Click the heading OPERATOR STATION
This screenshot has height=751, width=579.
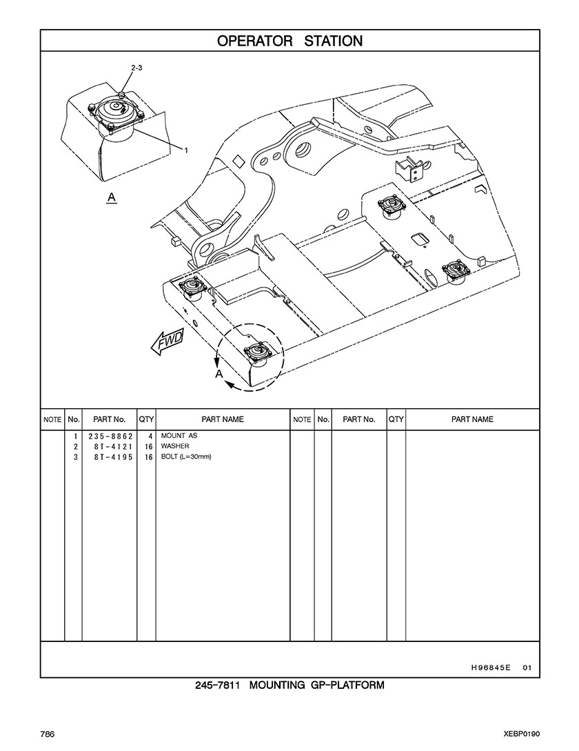[289, 41]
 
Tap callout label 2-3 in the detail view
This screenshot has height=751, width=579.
[136, 68]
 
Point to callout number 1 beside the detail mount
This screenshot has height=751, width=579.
[186, 150]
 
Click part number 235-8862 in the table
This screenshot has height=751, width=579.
[110, 437]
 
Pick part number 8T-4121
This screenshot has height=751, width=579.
[114, 447]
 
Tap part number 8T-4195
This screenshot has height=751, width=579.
[114, 457]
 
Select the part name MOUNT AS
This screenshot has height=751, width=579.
[179, 436]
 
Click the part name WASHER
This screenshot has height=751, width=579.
[175, 446]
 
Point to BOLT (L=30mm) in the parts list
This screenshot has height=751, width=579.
[186, 457]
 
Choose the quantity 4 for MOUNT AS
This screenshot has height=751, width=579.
[150, 437]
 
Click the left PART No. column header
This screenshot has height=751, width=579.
[109, 419]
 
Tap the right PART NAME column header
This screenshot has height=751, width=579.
[472, 419]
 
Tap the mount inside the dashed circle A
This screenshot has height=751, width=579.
[258, 354]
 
